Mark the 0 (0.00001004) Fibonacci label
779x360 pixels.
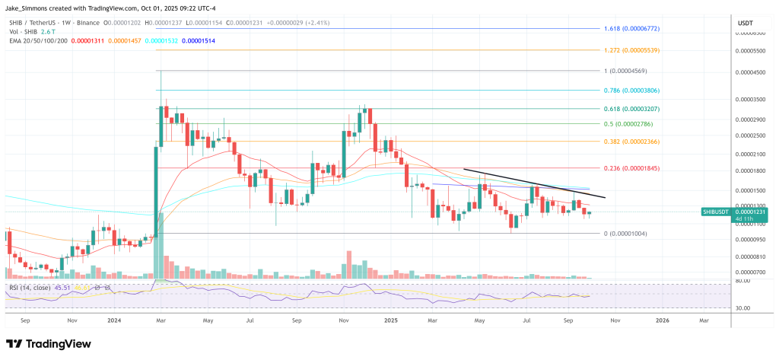coord(625,233)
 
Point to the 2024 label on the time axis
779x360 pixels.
coord(116,322)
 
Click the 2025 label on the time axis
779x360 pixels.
coord(389,322)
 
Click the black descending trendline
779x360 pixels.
coord(533,183)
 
